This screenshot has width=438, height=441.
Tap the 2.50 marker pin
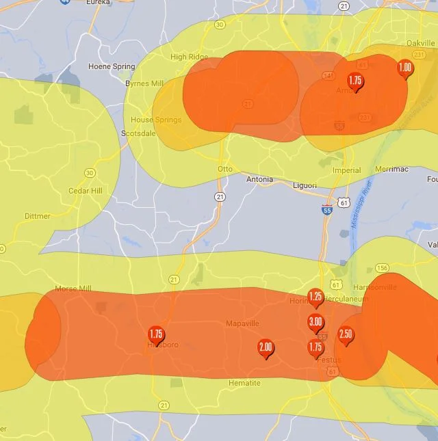tap(346, 335)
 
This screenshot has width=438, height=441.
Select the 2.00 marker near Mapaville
tap(266, 348)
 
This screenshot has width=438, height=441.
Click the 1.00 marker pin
tap(404, 68)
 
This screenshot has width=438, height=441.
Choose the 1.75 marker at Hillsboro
tap(156, 335)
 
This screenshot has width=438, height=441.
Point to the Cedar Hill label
tap(85, 191)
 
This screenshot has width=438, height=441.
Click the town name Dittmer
tap(37, 216)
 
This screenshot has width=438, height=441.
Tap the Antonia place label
tap(259, 180)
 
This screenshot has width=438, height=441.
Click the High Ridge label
tap(188, 57)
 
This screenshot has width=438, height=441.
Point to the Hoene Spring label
tap(112, 66)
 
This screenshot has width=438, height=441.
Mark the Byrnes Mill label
tap(144, 83)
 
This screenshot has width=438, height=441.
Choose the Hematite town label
tap(244, 384)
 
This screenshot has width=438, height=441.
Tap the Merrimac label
tap(391, 170)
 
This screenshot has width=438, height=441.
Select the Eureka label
tap(98, 3)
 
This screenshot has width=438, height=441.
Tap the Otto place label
tap(224, 169)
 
